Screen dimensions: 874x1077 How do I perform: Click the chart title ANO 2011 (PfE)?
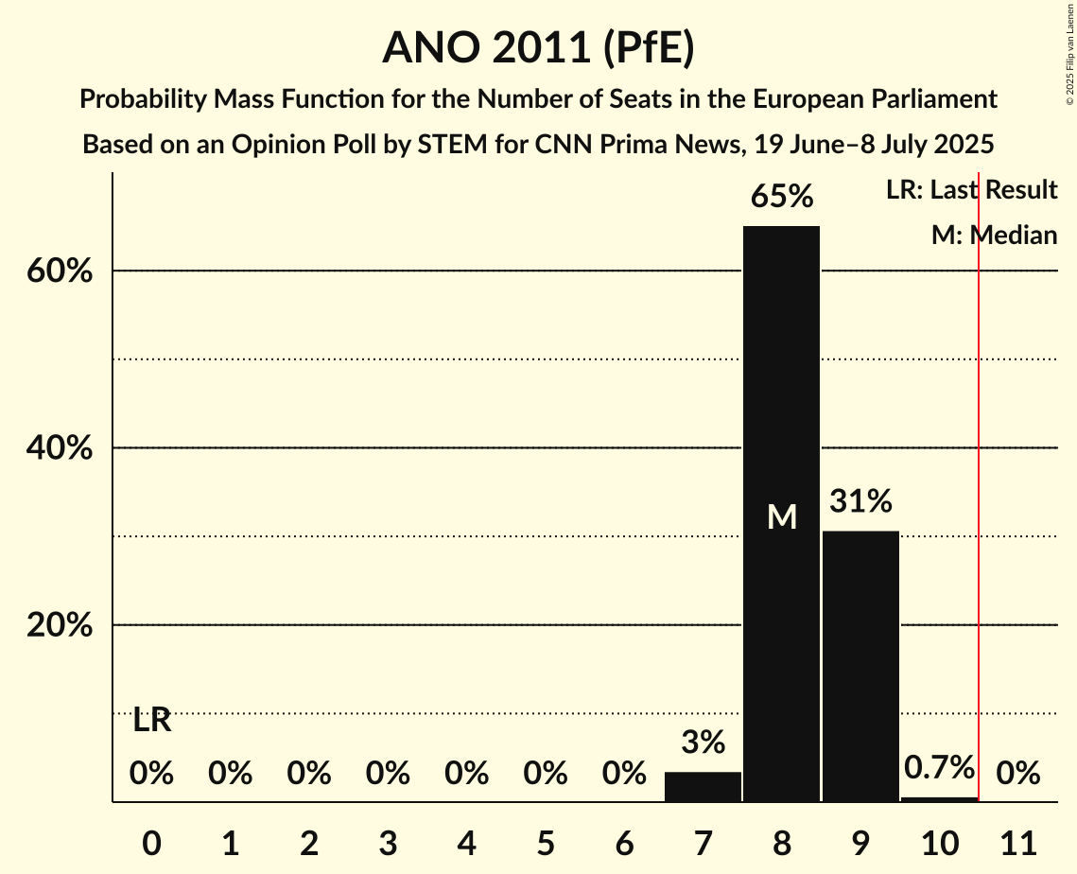(538, 47)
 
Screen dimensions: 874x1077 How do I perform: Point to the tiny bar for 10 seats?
(939, 799)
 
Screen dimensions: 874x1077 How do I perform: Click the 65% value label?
(782, 197)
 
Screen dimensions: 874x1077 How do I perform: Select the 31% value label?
(860, 501)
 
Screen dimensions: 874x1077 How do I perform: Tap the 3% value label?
(703, 743)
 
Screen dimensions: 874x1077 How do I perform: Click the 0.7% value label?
(939, 767)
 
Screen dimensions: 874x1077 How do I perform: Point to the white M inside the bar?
(782, 516)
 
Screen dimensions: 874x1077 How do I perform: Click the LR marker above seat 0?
(151, 721)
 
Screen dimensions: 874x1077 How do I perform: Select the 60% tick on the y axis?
(59, 271)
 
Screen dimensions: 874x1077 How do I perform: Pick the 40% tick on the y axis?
(59, 448)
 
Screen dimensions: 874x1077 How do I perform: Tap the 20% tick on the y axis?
(59, 626)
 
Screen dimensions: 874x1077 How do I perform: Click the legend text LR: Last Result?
(971, 190)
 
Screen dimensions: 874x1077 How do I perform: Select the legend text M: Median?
(994, 236)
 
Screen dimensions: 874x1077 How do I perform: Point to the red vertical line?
(979, 473)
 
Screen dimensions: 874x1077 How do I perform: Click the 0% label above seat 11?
(1018, 775)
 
